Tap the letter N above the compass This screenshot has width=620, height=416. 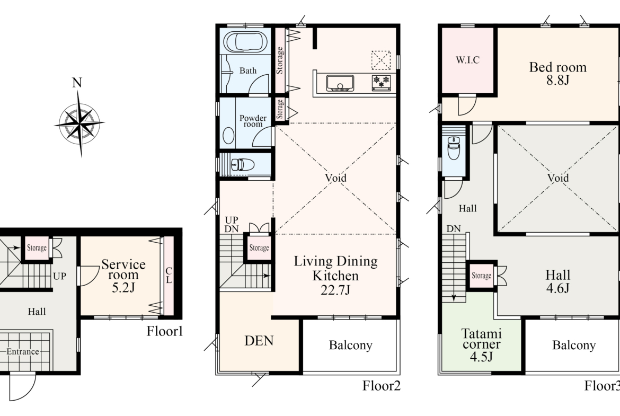[77, 83]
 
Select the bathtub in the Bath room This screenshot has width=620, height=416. [245, 41]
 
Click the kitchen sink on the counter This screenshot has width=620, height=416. [340, 83]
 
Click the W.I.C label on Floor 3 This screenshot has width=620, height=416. [468, 60]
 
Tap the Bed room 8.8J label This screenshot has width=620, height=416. [558, 74]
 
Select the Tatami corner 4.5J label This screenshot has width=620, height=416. [481, 345]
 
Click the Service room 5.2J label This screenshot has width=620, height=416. [123, 276]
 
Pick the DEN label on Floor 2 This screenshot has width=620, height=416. [259, 341]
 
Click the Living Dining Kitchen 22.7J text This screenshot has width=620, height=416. [336, 276]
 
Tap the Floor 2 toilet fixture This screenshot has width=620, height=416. [242, 164]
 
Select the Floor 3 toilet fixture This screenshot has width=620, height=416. [454, 147]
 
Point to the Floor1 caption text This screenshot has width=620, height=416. [165, 331]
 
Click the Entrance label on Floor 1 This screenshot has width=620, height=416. [23, 351]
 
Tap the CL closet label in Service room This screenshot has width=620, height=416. [169, 275]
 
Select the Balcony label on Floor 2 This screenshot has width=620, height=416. [351, 345]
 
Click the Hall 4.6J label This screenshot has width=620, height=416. [558, 281]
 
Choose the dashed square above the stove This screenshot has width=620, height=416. [381, 60]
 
